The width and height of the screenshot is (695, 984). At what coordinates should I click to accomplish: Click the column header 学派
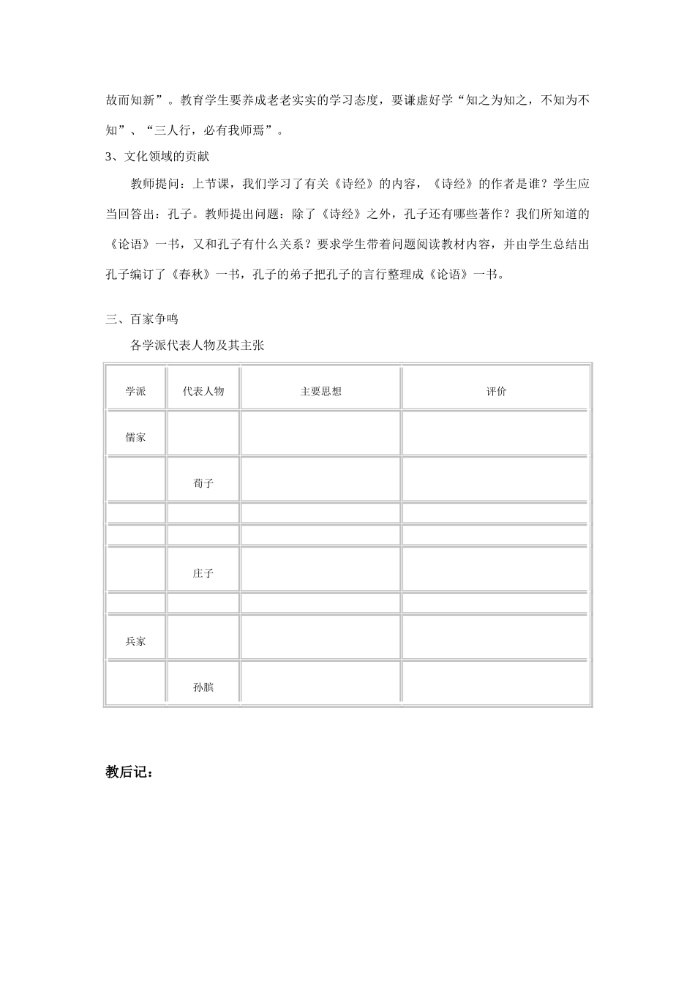[135, 392]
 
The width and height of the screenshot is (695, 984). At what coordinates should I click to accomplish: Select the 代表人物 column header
[203, 392]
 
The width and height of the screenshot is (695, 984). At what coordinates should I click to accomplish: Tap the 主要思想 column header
[320, 392]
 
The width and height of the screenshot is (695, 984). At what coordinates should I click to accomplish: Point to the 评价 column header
[496, 392]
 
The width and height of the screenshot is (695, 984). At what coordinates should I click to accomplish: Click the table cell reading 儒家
[135, 437]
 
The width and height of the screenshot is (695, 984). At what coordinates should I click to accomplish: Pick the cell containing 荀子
[203, 483]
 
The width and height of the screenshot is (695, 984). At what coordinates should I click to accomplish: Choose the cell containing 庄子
[203, 573]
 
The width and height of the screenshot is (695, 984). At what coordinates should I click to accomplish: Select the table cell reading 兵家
[135, 641]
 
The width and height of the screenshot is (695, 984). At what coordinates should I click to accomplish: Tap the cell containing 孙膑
[203, 687]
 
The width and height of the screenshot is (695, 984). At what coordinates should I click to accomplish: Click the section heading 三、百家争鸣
[142, 319]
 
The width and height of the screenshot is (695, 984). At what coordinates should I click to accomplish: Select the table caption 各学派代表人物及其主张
[197, 346]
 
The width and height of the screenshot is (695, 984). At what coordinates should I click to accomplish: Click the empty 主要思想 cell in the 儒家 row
[320, 433]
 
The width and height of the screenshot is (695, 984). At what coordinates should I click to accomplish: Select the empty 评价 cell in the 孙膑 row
[496, 683]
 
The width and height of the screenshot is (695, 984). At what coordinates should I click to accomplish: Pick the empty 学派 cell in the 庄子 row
[135, 569]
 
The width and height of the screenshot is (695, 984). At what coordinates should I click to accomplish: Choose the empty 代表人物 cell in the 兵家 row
[203, 637]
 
